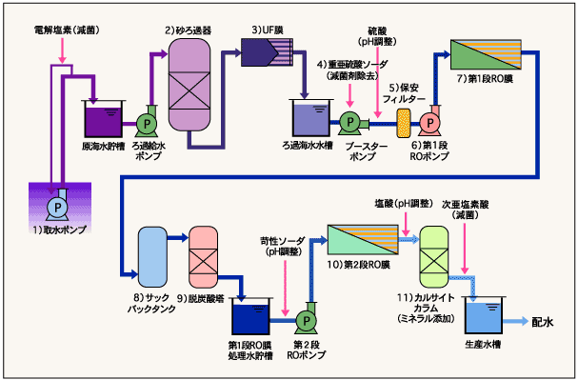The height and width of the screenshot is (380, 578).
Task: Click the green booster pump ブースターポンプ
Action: point(349,122)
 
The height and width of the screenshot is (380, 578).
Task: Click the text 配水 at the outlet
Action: point(545,322)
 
